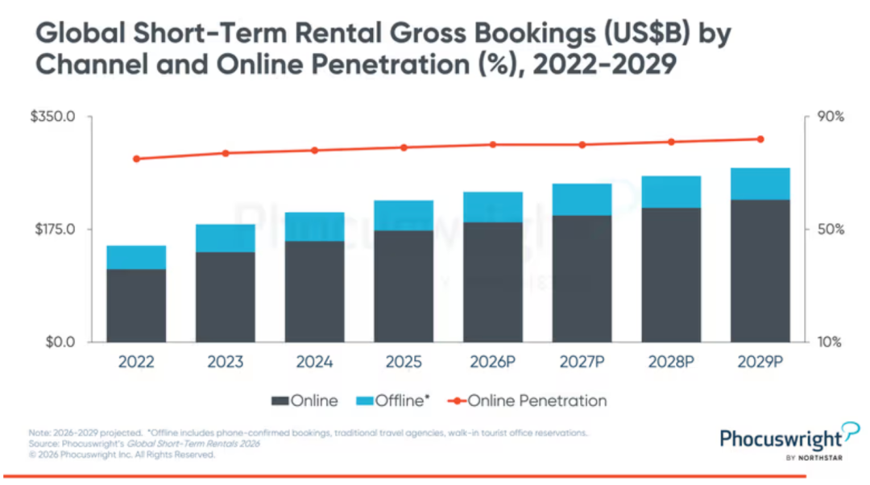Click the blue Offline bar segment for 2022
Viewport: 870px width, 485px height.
[136, 258]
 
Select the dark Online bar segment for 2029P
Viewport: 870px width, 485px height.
[760, 271]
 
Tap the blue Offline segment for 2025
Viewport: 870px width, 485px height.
[404, 215]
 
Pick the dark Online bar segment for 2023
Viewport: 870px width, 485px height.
[226, 297]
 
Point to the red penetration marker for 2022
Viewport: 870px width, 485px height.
[136, 159]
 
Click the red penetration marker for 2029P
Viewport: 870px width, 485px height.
[760, 139]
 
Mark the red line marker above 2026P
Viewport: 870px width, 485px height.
[493, 145]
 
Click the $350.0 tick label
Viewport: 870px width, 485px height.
[52, 117]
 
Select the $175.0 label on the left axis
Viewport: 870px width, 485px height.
[55, 229]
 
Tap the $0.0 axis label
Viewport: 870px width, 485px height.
[60, 342]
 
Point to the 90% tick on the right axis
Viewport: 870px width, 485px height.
[831, 117]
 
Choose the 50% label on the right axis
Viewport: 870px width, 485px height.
[831, 229]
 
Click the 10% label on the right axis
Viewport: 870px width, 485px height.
[830, 342]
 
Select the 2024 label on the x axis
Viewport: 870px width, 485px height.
[315, 362]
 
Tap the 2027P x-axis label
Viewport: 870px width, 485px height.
[582, 362]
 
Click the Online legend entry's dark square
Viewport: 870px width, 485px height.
[280, 400]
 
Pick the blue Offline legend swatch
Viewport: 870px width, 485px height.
[365, 400]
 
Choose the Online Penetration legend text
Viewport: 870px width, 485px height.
[537, 400]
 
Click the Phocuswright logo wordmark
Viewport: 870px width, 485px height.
[781, 439]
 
